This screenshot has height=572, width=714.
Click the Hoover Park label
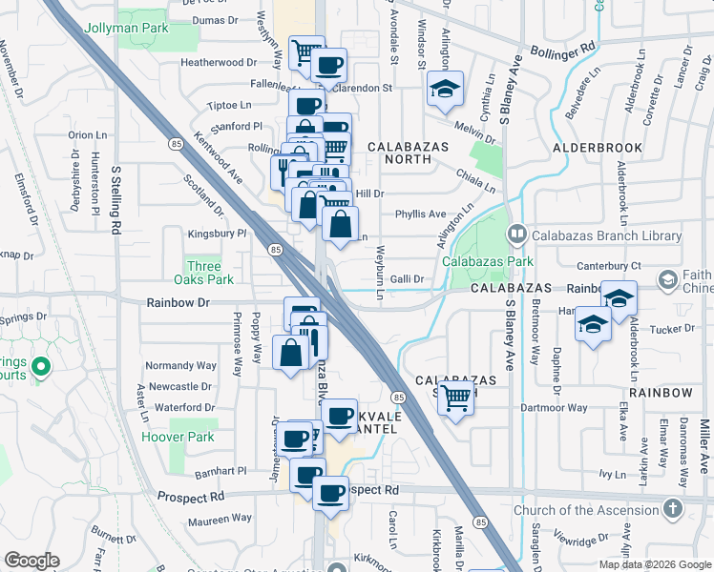pos(175,437)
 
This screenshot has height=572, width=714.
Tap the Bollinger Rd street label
pos(563,46)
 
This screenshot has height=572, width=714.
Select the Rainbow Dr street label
pos(178,302)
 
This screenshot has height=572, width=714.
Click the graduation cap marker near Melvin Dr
pos(444,89)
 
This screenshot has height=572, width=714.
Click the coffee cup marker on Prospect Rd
pos(330,493)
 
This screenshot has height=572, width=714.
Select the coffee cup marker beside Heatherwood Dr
pos(328,66)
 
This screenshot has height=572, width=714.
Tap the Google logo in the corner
pos(31,561)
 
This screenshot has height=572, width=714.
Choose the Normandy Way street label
pos(180,365)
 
